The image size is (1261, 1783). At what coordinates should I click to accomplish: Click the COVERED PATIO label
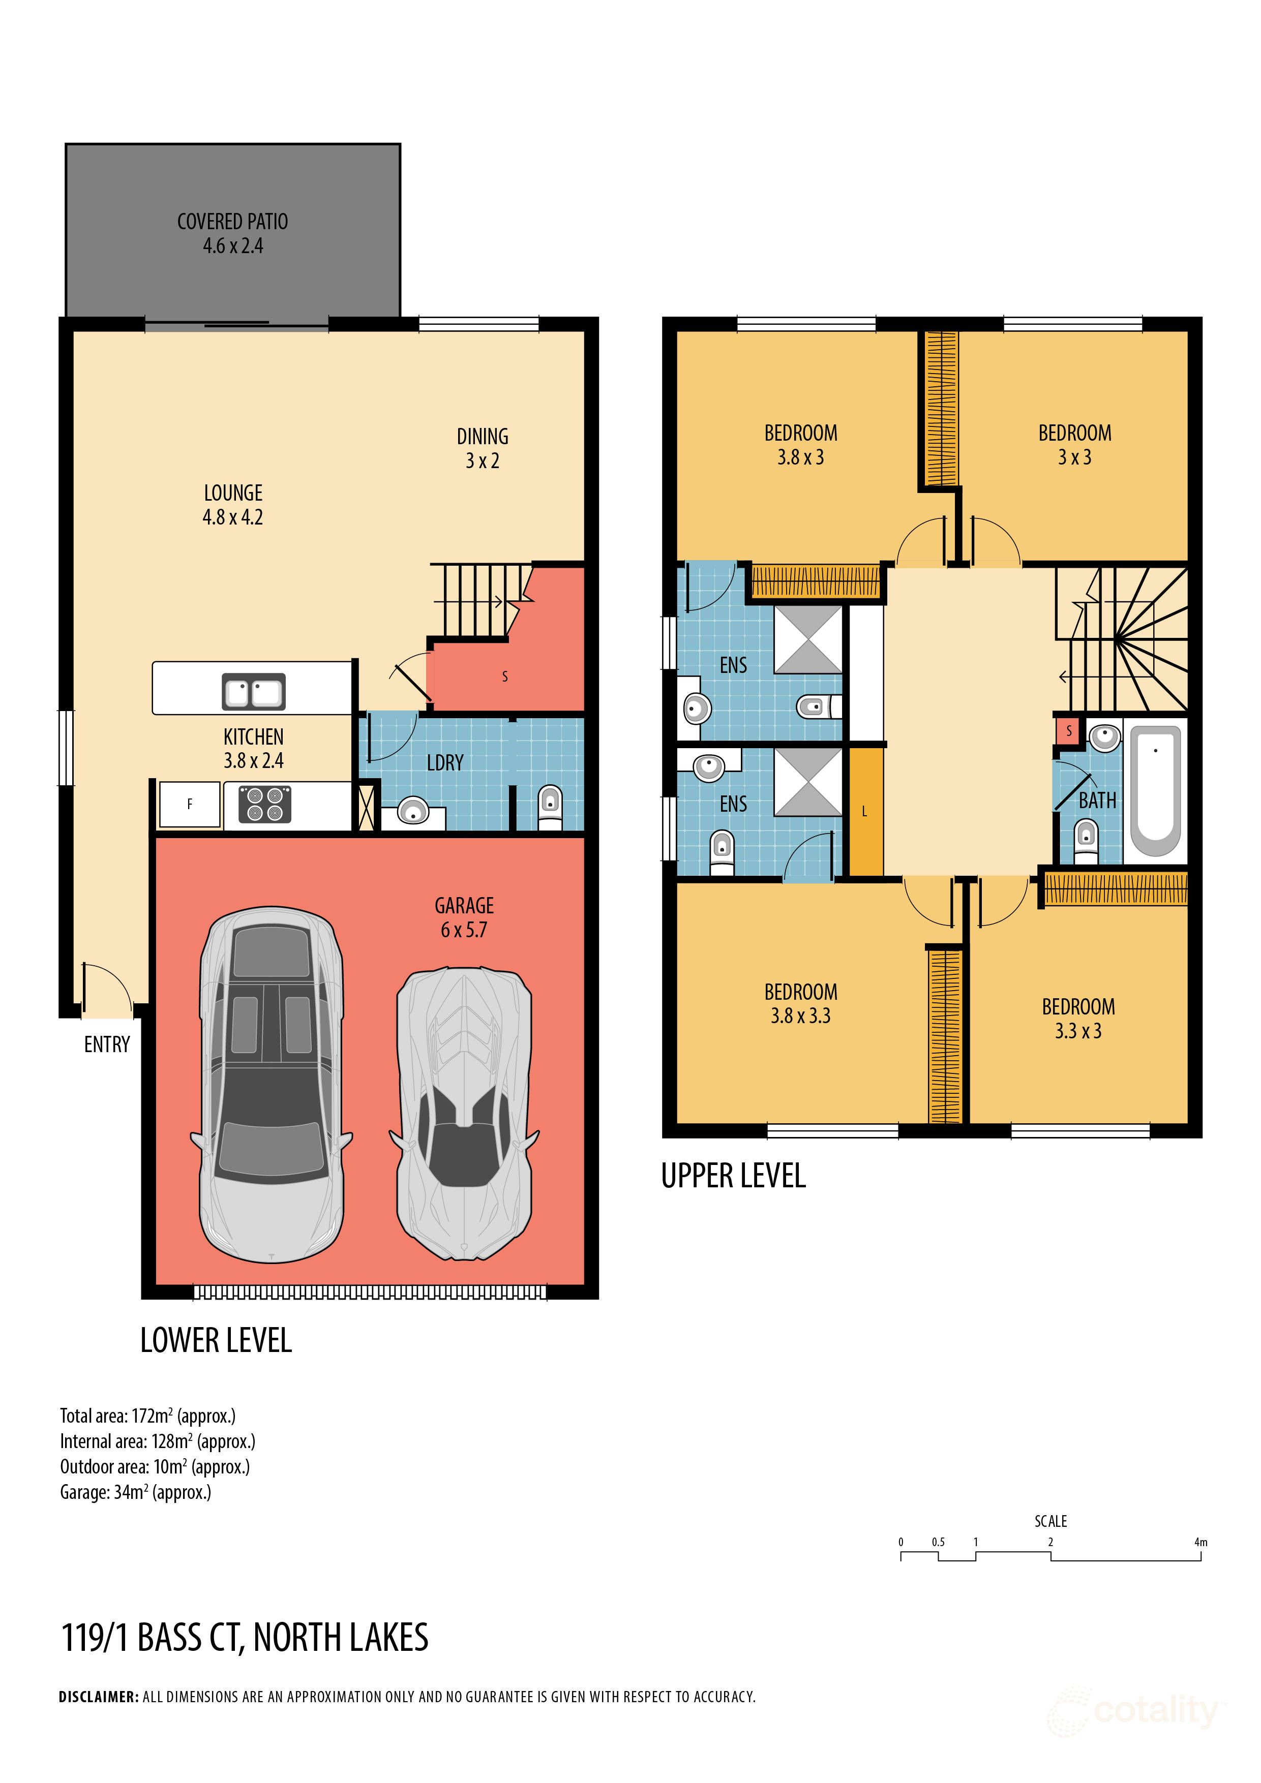(x=232, y=233)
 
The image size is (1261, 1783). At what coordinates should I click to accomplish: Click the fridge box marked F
(x=190, y=804)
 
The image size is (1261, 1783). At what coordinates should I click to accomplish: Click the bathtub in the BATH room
(x=1155, y=788)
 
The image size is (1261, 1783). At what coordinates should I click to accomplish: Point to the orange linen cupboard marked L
(x=865, y=812)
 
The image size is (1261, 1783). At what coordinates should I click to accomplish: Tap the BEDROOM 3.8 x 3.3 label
(x=800, y=1003)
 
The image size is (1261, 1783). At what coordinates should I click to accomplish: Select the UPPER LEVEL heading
(x=733, y=1176)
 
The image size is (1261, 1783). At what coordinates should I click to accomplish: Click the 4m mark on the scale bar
(x=1200, y=1542)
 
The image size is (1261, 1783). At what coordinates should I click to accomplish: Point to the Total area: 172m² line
(x=147, y=1416)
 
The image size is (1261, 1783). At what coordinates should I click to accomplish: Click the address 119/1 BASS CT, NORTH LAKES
(x=245, y=1637)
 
